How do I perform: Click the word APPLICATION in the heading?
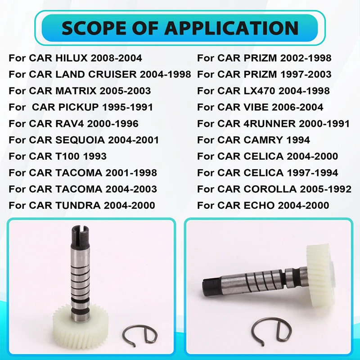pyautogui.click(x=231, y=28)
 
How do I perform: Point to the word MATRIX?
pyautogui.click(x=76, y=91)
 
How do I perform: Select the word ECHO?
pyautogui.click(x=257, y=206)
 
